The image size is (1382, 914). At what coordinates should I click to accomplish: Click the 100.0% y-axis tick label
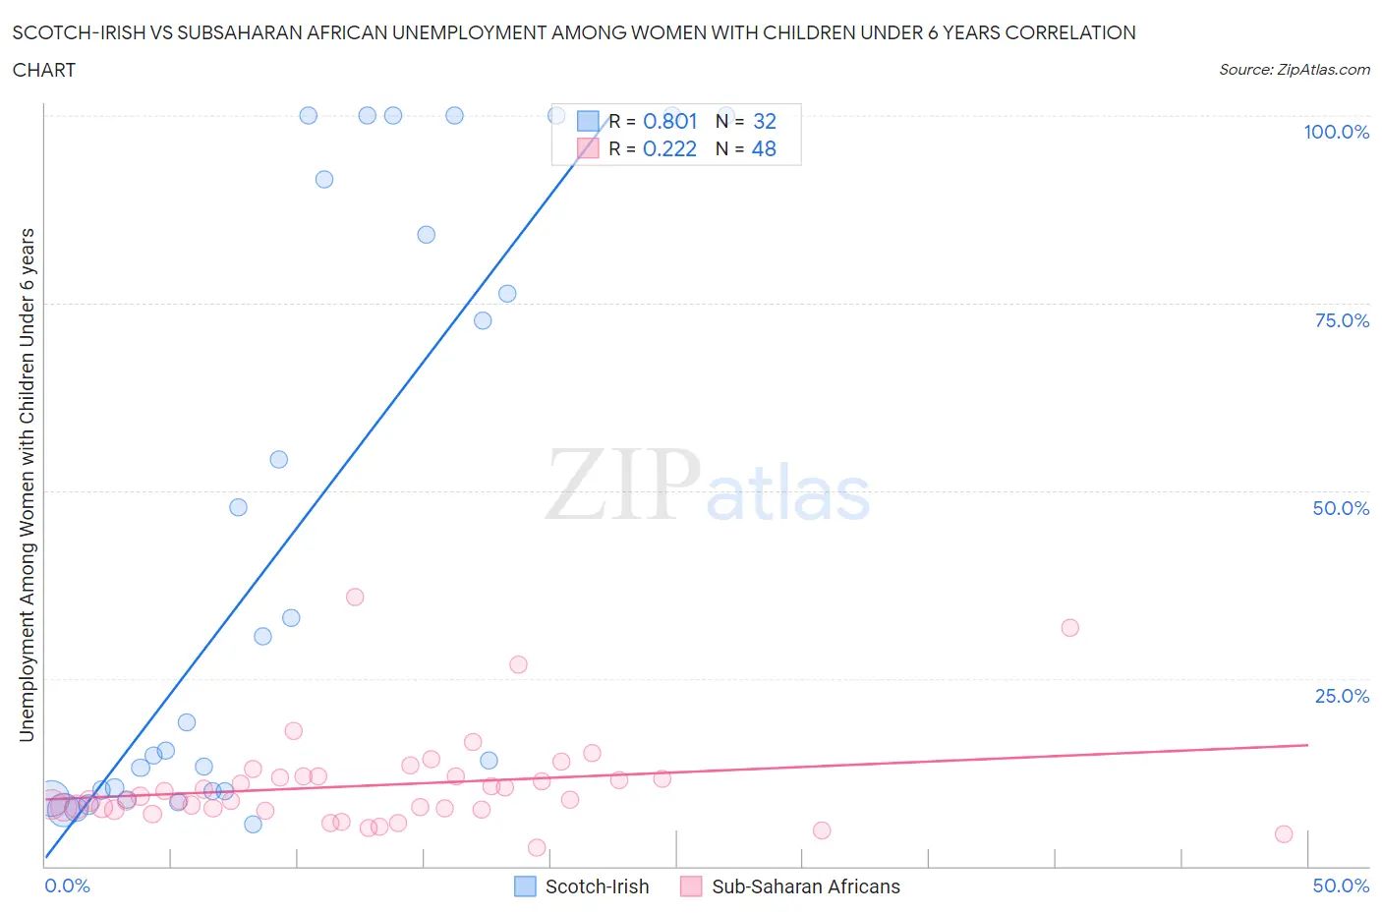click(1336, 132)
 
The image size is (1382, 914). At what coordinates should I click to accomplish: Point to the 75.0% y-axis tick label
click(1342, 320)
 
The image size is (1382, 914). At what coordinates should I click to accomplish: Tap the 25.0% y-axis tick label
click(1342, 696)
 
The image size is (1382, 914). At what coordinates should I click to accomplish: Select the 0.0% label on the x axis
click(67, 885)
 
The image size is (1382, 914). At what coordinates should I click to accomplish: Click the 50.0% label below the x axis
click(1341, 885)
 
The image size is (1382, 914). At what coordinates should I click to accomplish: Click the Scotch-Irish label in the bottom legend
click(597, 886)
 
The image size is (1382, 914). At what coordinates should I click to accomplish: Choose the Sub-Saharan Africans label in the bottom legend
click(805, 886)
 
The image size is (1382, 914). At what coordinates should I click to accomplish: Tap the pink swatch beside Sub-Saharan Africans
click(691, 886)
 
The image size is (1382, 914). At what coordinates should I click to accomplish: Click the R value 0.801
click(669, 121)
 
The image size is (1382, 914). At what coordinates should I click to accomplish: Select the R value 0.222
click(669, 148)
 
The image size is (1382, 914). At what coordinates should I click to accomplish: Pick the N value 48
click(764, 148)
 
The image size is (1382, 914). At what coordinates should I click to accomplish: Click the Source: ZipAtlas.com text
click(1294, 69)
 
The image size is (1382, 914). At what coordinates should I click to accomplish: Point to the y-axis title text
click(27, 485)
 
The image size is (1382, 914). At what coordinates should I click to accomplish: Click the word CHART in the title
click(44, 70)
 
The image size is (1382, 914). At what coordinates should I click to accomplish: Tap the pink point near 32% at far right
click(1070, 628)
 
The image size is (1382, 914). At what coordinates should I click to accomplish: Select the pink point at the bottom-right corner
click(1283, 834)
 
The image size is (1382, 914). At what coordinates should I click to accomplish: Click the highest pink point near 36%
click(355, 598)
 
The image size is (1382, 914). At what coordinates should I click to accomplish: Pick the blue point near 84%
click(426, 235)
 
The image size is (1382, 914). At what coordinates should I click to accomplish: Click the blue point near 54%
click(279, 460)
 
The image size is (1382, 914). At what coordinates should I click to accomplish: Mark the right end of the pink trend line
click(1307, 745)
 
